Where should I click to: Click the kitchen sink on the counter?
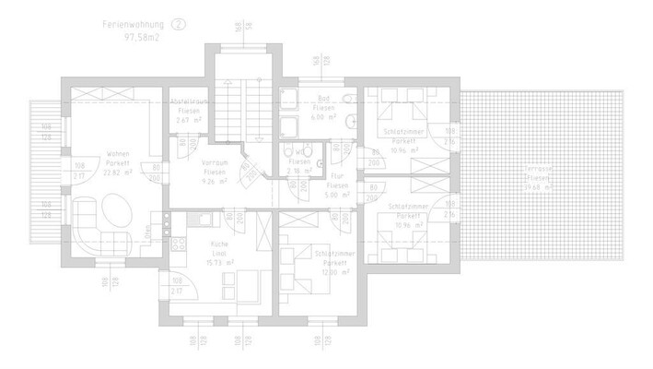click(204, 218)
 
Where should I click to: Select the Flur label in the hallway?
click(337, 176)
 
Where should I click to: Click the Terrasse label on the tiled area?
click(539, 173)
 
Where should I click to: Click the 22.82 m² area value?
click(118, 171)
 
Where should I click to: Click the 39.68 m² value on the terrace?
click(539, 185)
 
